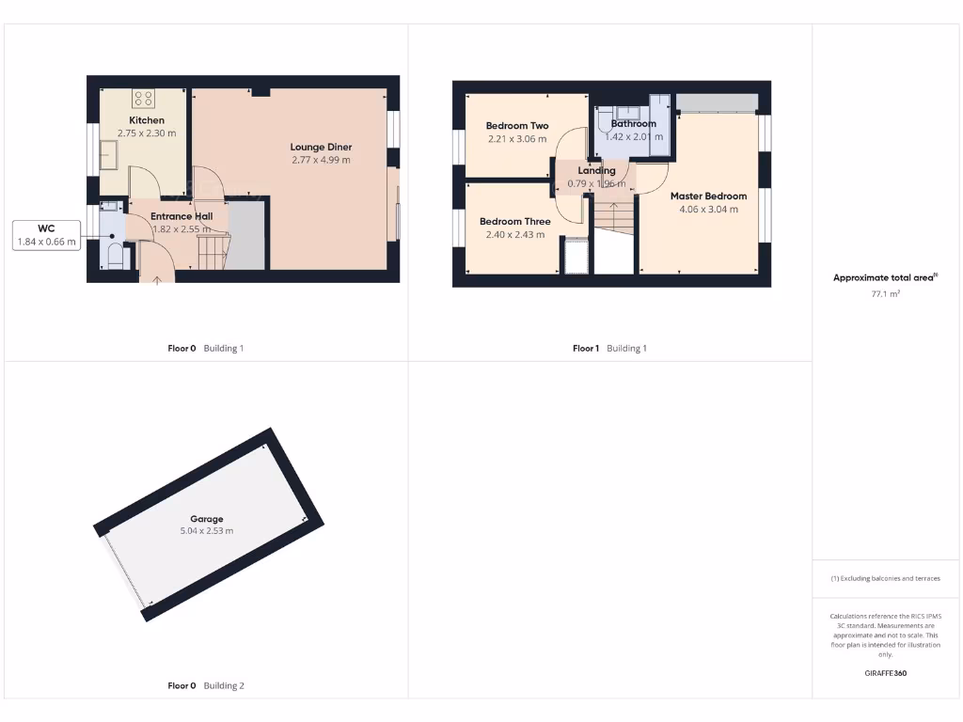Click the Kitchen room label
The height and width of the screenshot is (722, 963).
click(x=147, y=120)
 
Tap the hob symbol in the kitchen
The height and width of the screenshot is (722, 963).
click(x=144, y=98)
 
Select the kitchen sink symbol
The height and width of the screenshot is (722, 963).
click(x=108, y=154)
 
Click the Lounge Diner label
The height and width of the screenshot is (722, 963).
click(x=321, y=147)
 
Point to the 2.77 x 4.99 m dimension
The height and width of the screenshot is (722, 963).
click(x=321, y=160)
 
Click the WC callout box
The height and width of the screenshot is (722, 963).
click(x=45, y=235)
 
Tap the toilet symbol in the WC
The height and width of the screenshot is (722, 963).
click(x=113, y=256)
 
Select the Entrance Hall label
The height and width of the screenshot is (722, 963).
click(x=182, y=216)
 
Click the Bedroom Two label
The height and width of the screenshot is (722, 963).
click(x=517, y=126)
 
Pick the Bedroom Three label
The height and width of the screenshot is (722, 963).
click(x=515, y=222)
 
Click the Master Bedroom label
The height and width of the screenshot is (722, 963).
click(x=708, y=196)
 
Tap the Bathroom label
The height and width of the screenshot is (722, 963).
click(x=633, y=123)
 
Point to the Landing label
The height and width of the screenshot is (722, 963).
click(x=596, y=170)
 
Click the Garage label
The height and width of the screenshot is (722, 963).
click(x=207, y=519)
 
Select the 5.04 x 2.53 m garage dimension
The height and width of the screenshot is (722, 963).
click(x=207, y=531)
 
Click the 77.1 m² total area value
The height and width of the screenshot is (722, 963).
click(x=885, y=294)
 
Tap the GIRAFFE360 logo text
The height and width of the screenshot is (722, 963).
click(x=885, y=673)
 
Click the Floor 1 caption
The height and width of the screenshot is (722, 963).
click(x=585, y=349)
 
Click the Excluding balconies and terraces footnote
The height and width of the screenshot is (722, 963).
click(x=885, y=578)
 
